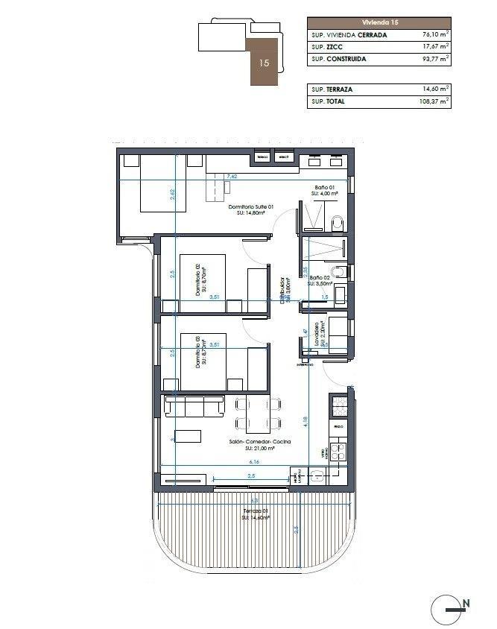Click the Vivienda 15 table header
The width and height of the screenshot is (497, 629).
click(x=379, y=22)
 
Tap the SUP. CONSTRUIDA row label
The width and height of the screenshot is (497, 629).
click(x=338, y=59)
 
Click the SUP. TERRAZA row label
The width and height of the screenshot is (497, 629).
click(x=332, y=89)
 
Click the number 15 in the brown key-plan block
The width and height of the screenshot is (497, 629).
click(x=264, y=63)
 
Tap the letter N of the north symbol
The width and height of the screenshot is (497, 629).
click(x=466, y=603)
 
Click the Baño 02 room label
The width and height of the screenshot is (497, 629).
click(x=321, y=277)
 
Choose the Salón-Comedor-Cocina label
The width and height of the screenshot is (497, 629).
click(x=259, y=442)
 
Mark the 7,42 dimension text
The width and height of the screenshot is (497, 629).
click(x=232, y=177)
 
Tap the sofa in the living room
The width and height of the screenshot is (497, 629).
click(x=194, y=405)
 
